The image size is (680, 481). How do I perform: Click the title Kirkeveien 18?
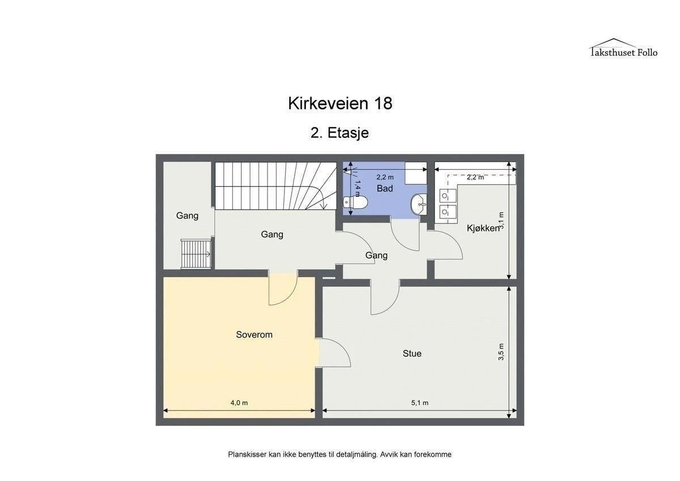pos(340,103)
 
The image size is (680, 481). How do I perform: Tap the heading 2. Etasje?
pos(339,133)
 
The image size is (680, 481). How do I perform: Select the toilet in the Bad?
pos(355,202)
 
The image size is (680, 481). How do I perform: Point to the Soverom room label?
pos(254,335)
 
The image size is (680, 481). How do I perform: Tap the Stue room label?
pos(412,353)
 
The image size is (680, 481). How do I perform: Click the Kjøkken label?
pos(483,228)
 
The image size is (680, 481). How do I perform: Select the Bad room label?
pos(385,188)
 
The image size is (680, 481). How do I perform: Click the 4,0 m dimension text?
pos(239,403)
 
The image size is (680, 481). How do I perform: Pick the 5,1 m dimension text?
pos(419,403)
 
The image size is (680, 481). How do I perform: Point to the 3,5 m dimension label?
pos(501,352)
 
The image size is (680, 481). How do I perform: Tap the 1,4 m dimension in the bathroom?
pos(358,188)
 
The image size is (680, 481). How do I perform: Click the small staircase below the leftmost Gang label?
pos(196,254)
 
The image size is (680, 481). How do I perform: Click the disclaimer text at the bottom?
pos(339,454)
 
